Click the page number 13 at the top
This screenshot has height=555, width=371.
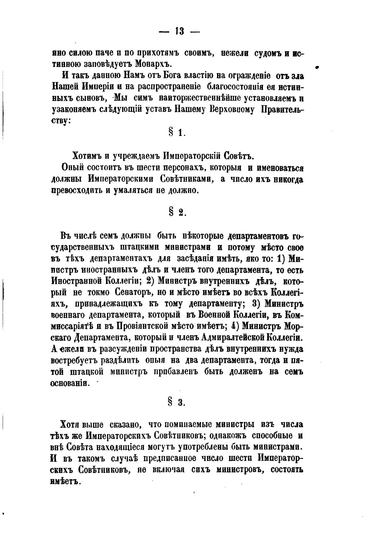pyautogui.click(x=179, y=31)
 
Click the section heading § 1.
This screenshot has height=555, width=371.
pyautogui.click(x=177, y=132)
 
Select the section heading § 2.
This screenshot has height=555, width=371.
pyautogui.click(x=177, y=212)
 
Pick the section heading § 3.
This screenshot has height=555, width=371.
pyautogui.click(x=177, y=402)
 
